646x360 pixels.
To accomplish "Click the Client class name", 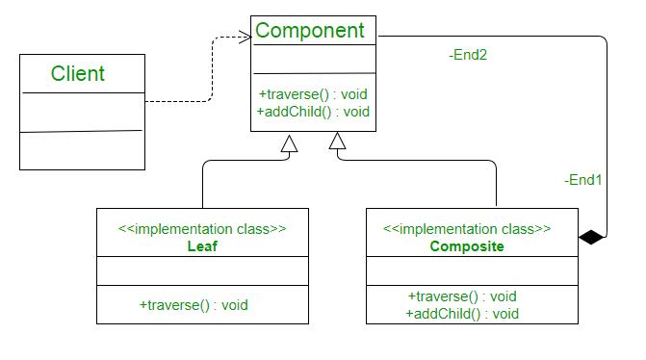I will click(x=78, y=74).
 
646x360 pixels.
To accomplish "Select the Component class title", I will click(x=309, y=31).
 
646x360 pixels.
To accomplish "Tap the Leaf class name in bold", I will click(x=202, y=246).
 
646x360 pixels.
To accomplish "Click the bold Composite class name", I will click(x=467, y=246).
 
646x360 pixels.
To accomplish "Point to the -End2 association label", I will click(x=468, y=55).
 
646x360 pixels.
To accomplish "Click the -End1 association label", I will click(x=583, y=179).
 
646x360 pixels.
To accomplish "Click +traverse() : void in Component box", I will click(x=313, y=94).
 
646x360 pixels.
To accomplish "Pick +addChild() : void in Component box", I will click(x=313, y=112).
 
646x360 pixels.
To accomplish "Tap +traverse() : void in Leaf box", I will click(x=194, y=305).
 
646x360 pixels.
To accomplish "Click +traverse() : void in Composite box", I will click(x=462, y=296).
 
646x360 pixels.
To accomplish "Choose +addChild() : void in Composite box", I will click(x=462, y=313).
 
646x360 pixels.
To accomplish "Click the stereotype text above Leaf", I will click(x=202, y=229).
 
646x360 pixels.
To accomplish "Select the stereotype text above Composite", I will click(x=467, y=229).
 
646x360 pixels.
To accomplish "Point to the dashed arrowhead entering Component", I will click(x=244, y=35).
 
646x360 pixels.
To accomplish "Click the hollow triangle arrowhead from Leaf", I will click(x=289, y=144).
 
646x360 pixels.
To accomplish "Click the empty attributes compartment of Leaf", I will click(x=202, y=272).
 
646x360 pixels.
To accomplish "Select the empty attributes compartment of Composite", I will click(x=472, y=272).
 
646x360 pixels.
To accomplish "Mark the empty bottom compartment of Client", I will click(x=81, y=150).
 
